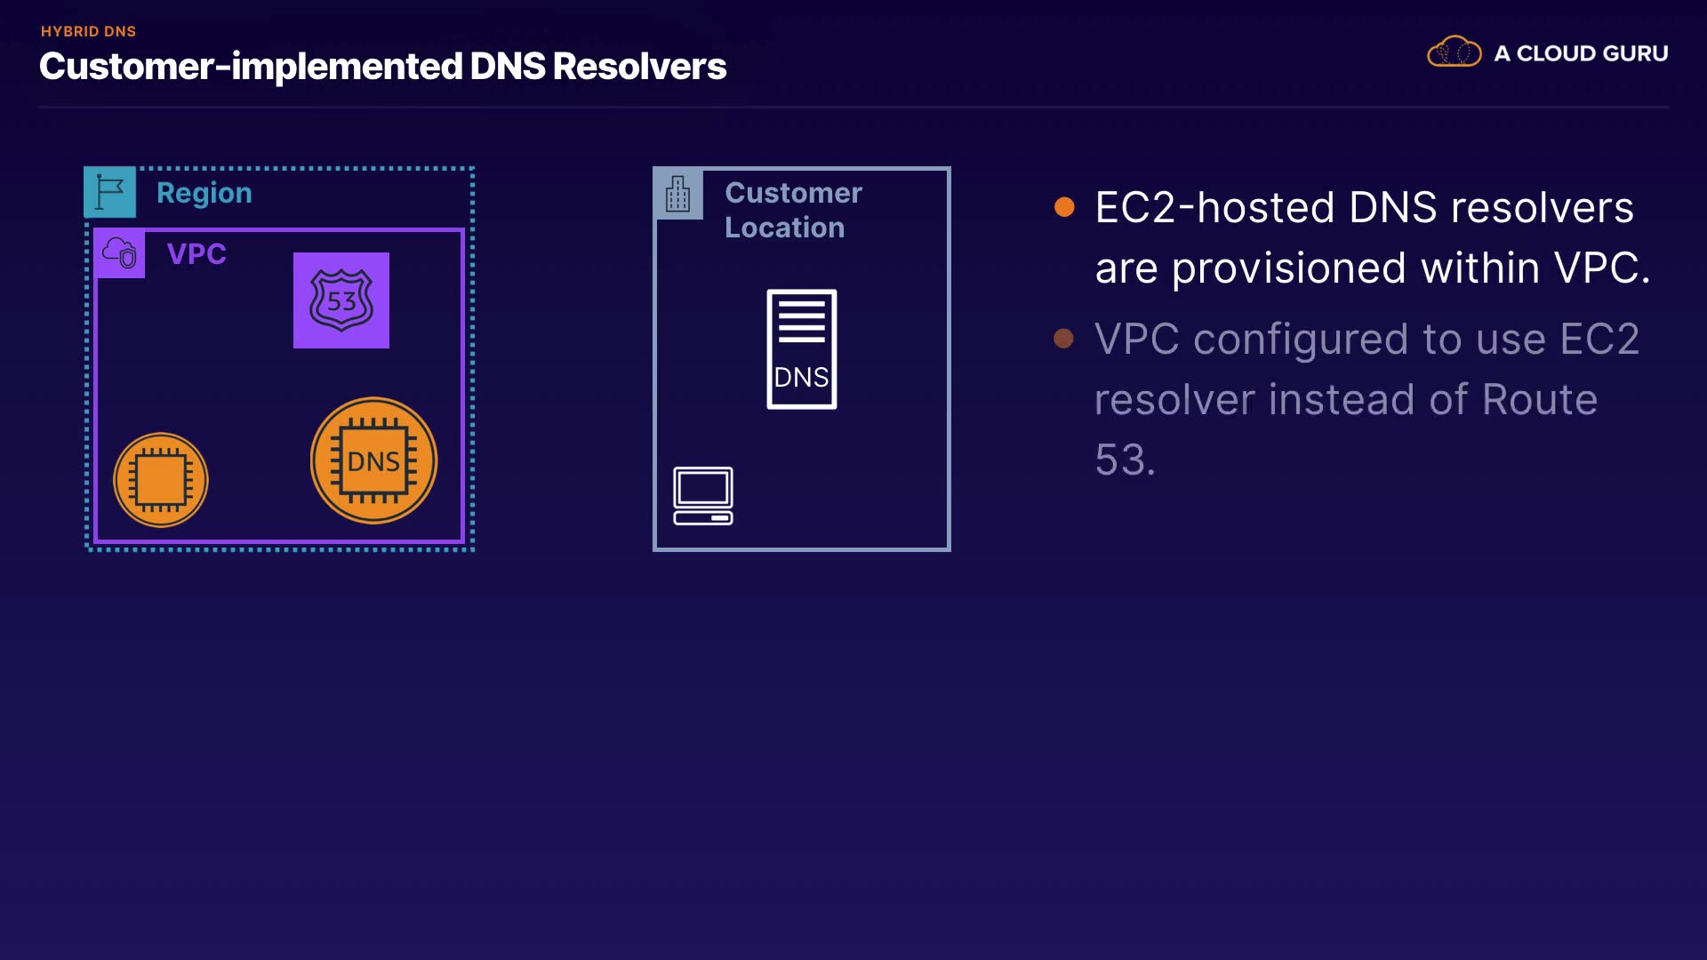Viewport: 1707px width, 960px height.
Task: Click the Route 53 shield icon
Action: point(341,300)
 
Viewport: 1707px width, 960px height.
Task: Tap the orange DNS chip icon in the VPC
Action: point(373,460)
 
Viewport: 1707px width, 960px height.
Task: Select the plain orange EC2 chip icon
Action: point(161,480)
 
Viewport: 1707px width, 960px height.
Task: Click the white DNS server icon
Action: point(802,349)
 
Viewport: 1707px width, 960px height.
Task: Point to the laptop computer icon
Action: point(703,496)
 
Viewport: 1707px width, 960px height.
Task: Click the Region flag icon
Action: point(110,192)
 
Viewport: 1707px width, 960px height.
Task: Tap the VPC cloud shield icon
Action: point(120,253)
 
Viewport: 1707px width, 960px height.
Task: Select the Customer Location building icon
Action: point(678,194)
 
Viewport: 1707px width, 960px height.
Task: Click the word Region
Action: point(204,193)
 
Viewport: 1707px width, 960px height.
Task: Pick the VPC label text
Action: point(196,254)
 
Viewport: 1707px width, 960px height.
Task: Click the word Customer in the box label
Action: point(794,193)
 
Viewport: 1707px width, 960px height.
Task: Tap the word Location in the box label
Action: point(785,228)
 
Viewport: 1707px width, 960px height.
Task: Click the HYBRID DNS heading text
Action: point(89,31)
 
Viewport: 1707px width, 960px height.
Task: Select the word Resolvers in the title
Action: point(640,67)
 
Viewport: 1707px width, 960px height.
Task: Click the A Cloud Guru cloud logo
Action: point(1455,52)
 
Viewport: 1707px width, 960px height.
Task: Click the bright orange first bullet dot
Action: point(1064,207)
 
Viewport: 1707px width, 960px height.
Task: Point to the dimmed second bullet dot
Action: point(1063,339)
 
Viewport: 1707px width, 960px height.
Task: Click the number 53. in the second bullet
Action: point(1126,460)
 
